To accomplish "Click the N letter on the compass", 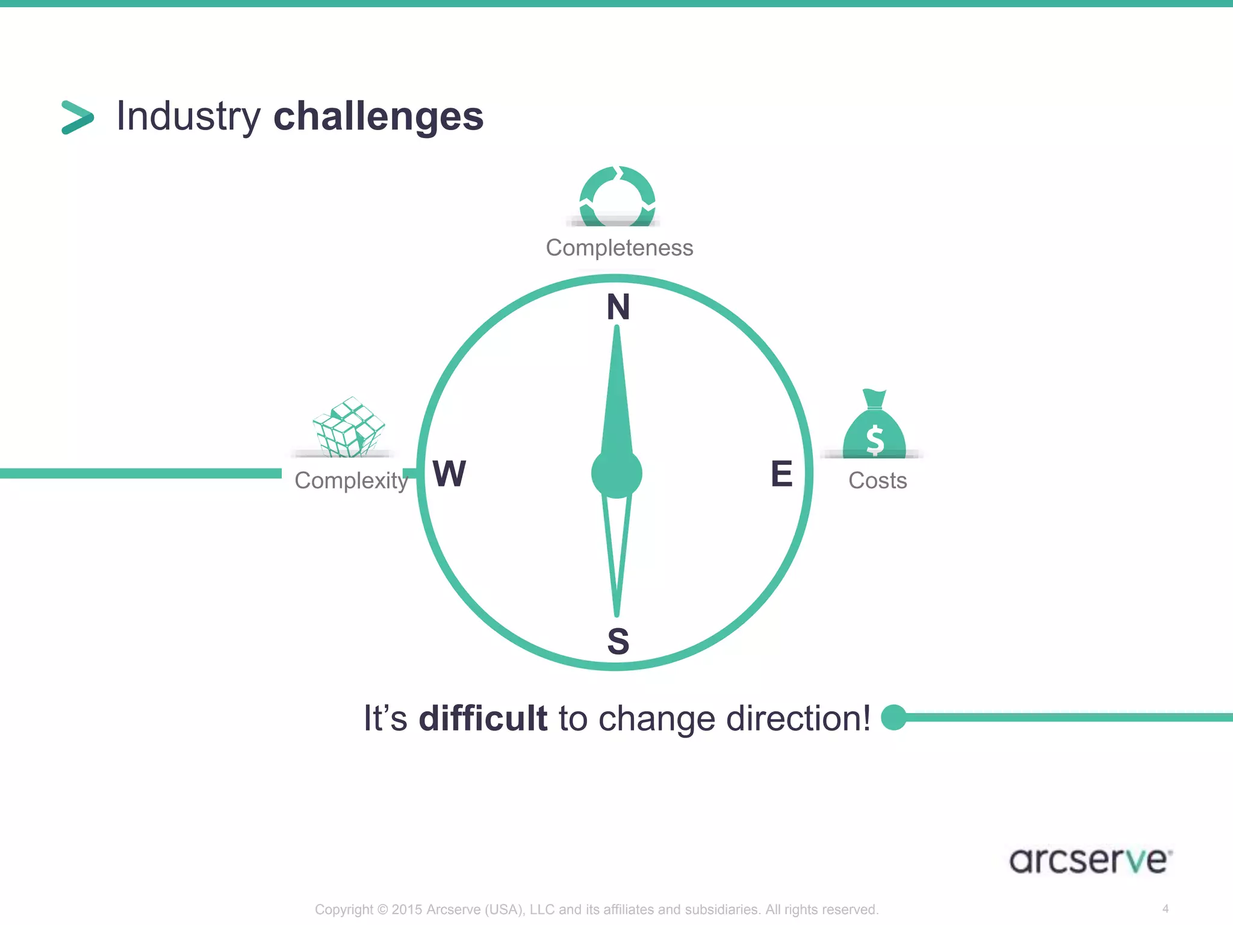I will pyautogui.click(x=618, y=307).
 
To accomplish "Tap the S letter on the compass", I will pyautogui.click(x=618, y=641).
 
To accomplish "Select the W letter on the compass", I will pyautogui.click(x=449, y=473).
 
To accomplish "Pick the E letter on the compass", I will pyautogui.click(x=781, y=473).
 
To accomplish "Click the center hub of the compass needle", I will pyautogui.click(x=616, y=473).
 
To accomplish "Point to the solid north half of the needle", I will pyautogui.click(x=616, y=397).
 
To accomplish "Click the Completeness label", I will pyautogui.click(x=619, y=248).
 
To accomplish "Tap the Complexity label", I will pyautogui.click(x=351, y=481).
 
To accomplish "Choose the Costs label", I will pyautogui.click(x=877, y=481).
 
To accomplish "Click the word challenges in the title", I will pyautogui.click(x=378, y=116).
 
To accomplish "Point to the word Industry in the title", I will pyautogui.click(x=188, y=116).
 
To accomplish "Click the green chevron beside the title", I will pyautogui.click(x=78, y=117).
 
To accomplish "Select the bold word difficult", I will pyautogui.click(x=483, y=718).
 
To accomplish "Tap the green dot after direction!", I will pyautogui.click(x=893, y=717).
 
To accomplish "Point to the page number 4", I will pyautogui.click(x=1166, y=909).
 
